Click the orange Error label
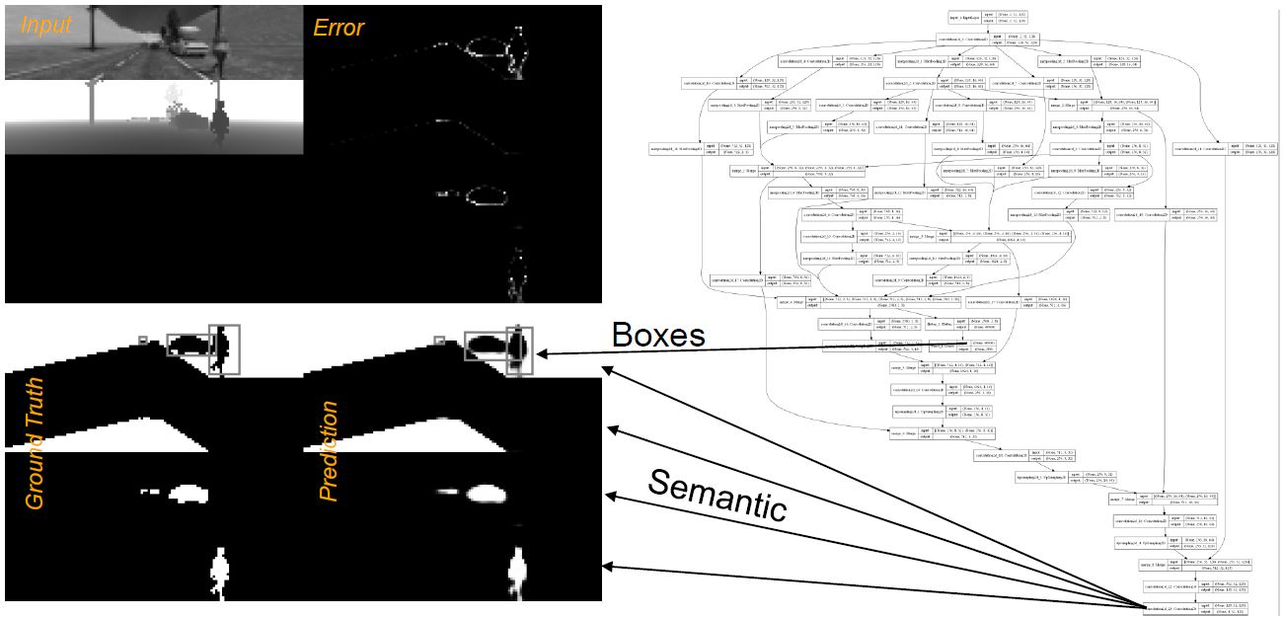(x=339, y=27)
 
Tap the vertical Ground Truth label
(x=35, y=443)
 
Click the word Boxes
(x=658, y=336)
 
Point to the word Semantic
(x=718, y=495)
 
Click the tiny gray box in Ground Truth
(x=143, y=340)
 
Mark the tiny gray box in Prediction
(x=439, y=341)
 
